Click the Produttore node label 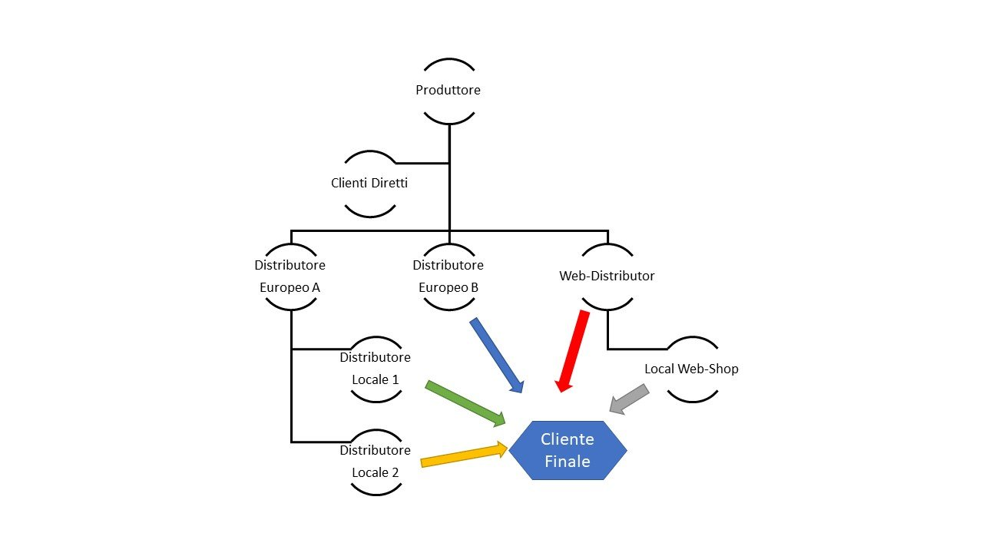tap(448, 90)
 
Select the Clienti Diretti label tap(369, 184)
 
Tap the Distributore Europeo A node tap(290, 276)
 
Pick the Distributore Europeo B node tap(448, 276)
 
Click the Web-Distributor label tap(607, 276)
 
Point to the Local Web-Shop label tap(691, 369)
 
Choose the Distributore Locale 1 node tap(376, 369)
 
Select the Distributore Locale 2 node tap(376, 462)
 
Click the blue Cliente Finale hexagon tap(568, 450)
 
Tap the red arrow tap(574, 350)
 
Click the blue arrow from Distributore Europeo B tap(497, 355)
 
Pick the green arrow tap(465, 402)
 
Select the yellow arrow tap(464, 455)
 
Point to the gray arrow tap(629, 400)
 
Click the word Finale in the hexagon tap(568, 462)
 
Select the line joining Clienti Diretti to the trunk tap(422, 163)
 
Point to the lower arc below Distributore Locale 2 tap(376, 492)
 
